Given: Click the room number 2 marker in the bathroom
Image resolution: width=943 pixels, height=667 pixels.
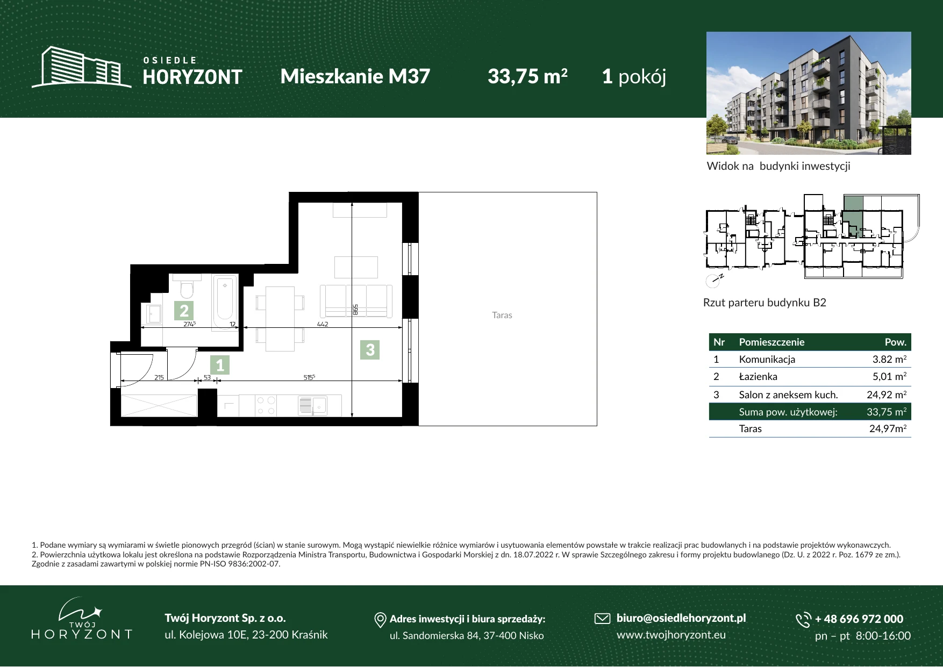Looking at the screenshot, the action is [184, 311].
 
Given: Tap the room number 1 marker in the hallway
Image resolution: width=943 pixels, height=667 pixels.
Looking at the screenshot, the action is [220, 365].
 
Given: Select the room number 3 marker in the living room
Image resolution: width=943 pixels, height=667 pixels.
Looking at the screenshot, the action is [370, 350].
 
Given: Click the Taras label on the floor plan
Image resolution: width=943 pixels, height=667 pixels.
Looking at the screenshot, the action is [502, 315].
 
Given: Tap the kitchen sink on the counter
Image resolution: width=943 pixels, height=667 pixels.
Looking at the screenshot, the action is [312, 406].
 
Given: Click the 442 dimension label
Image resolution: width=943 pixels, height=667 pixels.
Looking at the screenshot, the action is [323, 324].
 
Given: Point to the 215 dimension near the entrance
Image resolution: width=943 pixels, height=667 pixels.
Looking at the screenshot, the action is [159, 377].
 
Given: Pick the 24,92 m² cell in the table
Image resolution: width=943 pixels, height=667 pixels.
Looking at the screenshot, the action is [887, 395].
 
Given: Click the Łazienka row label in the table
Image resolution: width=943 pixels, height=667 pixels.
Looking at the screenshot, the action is [758, 376].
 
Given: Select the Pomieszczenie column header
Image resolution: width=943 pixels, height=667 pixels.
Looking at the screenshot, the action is [771, 342].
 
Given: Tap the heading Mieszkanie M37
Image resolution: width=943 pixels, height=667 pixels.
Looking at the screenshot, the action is [355, 76].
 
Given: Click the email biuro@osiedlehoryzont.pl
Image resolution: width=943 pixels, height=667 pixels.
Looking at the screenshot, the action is [681, 618].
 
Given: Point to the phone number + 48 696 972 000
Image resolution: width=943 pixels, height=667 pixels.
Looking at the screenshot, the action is [859, 619].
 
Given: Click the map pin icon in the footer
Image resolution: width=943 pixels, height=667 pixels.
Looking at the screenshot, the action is [380, 620].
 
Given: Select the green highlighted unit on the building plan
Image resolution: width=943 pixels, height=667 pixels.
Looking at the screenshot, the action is [852, 217].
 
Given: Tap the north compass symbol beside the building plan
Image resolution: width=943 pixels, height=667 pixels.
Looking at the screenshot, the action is [713, 279].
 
